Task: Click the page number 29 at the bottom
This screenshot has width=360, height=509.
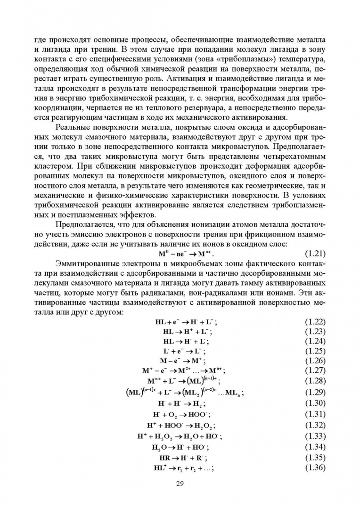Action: (179, 484)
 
